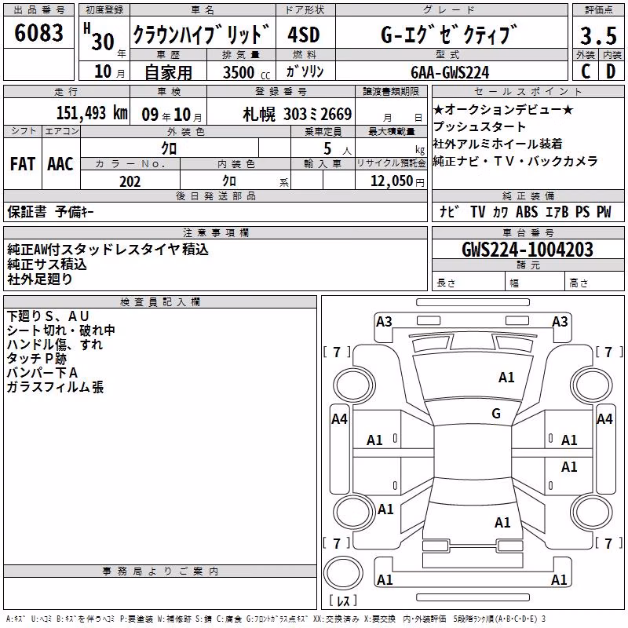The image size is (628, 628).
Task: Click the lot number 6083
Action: [38, 33]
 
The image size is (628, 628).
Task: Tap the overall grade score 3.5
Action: [598, 36]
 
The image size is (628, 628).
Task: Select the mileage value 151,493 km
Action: [92, 113]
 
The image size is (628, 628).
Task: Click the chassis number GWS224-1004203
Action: [528, 250]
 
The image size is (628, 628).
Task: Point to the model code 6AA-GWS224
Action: [450, 72]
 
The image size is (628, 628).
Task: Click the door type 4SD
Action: [304, 35]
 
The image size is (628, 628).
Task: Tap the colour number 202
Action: [130, 181]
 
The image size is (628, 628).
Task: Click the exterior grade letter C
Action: [585, 71]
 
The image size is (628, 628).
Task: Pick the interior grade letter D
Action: [611, 71]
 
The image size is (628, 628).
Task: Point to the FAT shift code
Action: [23, 164]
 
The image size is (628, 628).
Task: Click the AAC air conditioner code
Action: [60, 164]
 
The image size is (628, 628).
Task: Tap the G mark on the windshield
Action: [496, 414]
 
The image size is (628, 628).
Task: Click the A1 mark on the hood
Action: [506, 378]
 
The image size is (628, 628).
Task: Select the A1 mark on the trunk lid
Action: [502, 523]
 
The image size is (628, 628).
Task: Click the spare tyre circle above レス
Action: [343, 573]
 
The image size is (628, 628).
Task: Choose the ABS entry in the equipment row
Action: [527, 212]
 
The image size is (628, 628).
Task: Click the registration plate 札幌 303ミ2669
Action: [298, 115]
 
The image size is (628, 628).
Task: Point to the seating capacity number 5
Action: [327, 148]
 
